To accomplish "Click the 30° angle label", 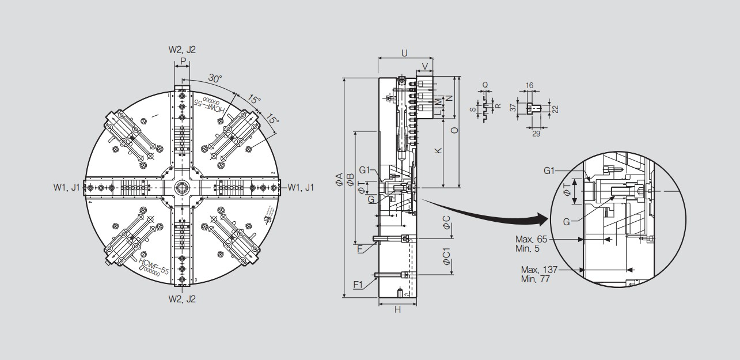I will [x=215, y=79].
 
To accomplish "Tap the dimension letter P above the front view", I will [x=183, y=60].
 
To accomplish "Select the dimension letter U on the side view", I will [x=404, y=53].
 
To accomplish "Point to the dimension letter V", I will [x=425, y=65].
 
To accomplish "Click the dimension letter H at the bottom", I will [x=397, y=310].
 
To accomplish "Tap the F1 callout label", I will [x=358, y=285].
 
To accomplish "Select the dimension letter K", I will [x=438, y=150].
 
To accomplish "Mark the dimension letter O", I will [x=454, y=131].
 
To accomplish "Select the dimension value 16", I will [x=530, y=85].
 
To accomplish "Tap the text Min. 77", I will [x=536, y=279].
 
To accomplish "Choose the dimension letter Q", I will [x=485, y=84].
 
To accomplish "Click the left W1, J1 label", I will [x=67, y=187].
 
